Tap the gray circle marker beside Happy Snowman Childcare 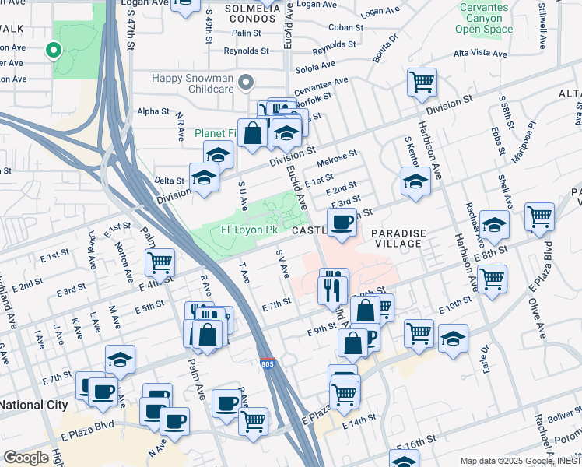(x=247, y=82)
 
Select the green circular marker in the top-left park (x=54, y=51)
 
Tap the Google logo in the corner (x=26, y=457)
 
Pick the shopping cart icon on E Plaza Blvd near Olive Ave (x=539, y=216)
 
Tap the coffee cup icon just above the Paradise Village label (x=342, y=222)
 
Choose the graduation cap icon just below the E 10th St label (x=453, y=339)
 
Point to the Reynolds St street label (x=246, y=51)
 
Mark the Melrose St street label (x=337, y=159)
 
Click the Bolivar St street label (x=564, y=420)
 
